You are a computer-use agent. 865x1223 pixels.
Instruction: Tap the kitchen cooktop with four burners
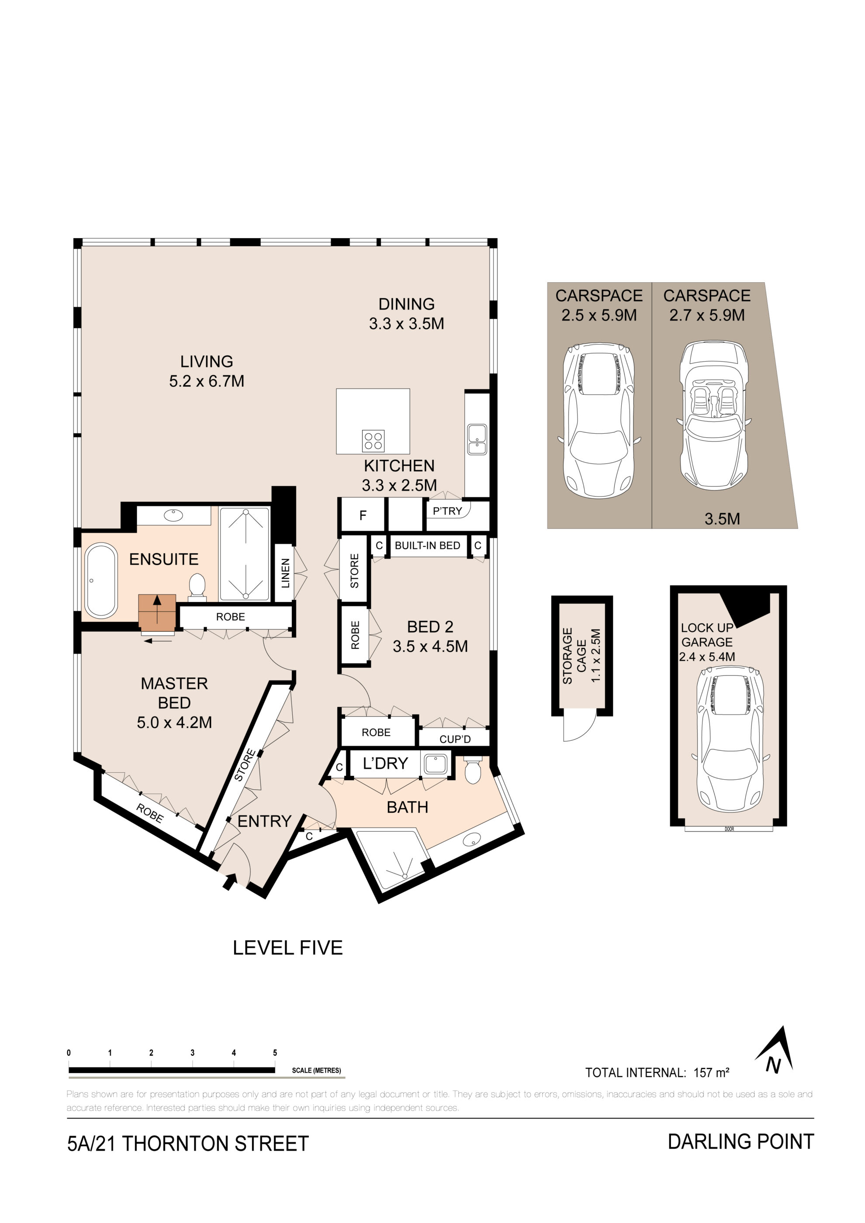(373, 441)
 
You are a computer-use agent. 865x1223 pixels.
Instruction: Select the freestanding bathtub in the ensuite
(100, 580)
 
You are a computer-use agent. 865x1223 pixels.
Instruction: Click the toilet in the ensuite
(197, 587)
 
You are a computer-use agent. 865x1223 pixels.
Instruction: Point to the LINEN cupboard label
(285, 573)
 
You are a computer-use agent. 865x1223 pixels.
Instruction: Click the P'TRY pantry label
(447, 511)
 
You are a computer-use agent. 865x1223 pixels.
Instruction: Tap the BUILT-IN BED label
(427, 546)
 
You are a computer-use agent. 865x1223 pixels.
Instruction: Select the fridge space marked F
(363, 515)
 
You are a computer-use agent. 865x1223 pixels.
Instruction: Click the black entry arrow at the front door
(229, 881)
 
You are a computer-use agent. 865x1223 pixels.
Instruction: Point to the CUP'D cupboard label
(455, 739)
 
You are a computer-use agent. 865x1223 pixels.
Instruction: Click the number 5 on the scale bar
(275, 1053)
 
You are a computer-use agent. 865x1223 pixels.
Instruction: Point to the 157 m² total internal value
(711, 1072)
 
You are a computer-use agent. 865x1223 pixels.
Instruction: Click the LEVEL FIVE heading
(287, 948)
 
